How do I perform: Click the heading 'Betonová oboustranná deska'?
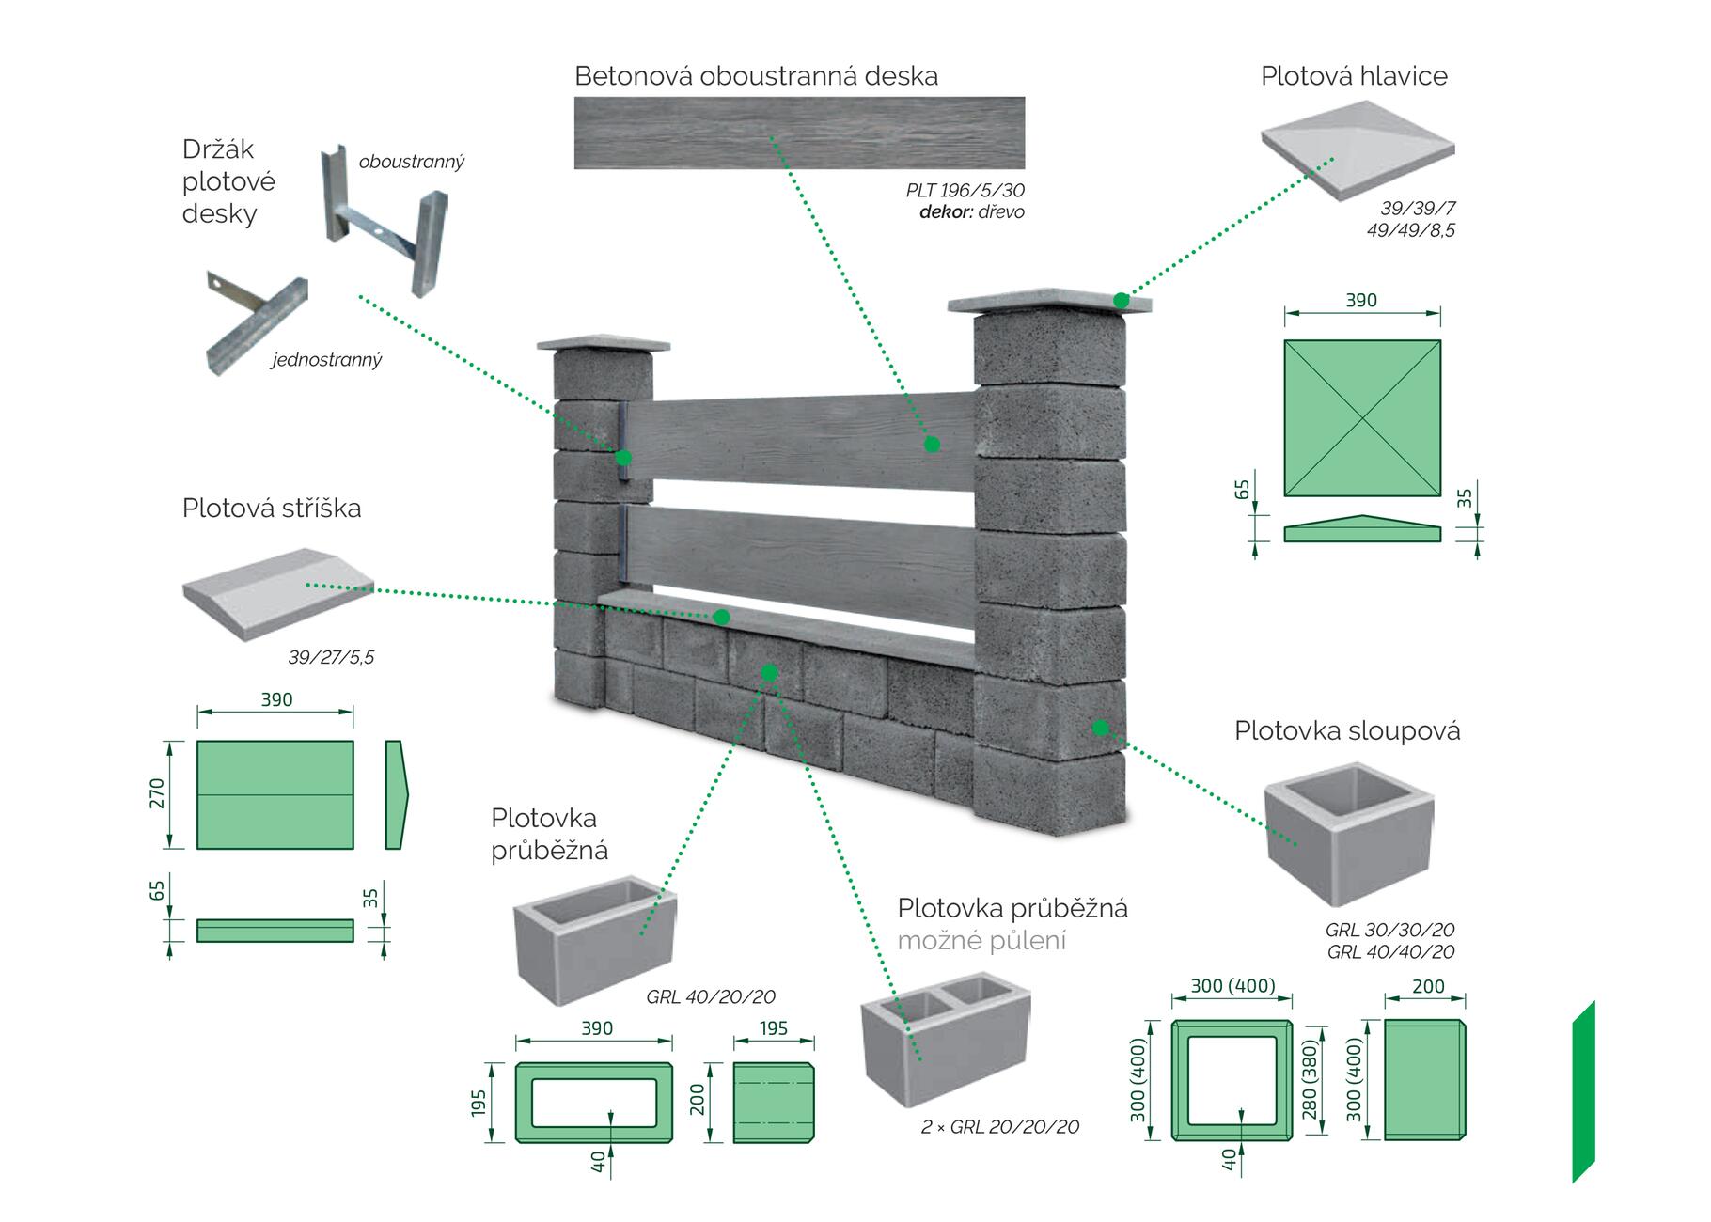(x=756, y=76)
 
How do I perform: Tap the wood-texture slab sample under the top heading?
(x=799, y=133)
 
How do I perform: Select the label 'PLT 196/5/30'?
(x=965, y=191)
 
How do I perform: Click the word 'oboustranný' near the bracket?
(x=412, y=162)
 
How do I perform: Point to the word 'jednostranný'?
(x=327, y=359)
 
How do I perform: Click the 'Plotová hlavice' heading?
(x=1354, y=76)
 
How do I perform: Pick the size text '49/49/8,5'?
(x=1410, y=230)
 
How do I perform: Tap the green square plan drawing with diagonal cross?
(x=1362, y=417)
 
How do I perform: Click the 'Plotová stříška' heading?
(x=272, y=509)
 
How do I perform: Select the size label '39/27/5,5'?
(x=331, y=657)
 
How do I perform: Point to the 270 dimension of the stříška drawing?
(x=157, y=793)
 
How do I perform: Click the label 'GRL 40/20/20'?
(x=711, y=997)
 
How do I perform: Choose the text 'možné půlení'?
(x=981, y=941)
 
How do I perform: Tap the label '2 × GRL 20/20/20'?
(x=1000, y=1126)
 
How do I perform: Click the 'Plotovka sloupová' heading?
(x=1347, y=731)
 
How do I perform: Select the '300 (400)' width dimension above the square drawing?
(x=1232, y=986)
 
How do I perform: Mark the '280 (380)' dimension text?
(x=1310, y=1078)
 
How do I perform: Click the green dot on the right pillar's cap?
(x=1121, y=301)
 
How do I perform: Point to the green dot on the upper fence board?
(x=931, y=444)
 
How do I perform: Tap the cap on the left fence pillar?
(x=603, y=343)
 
